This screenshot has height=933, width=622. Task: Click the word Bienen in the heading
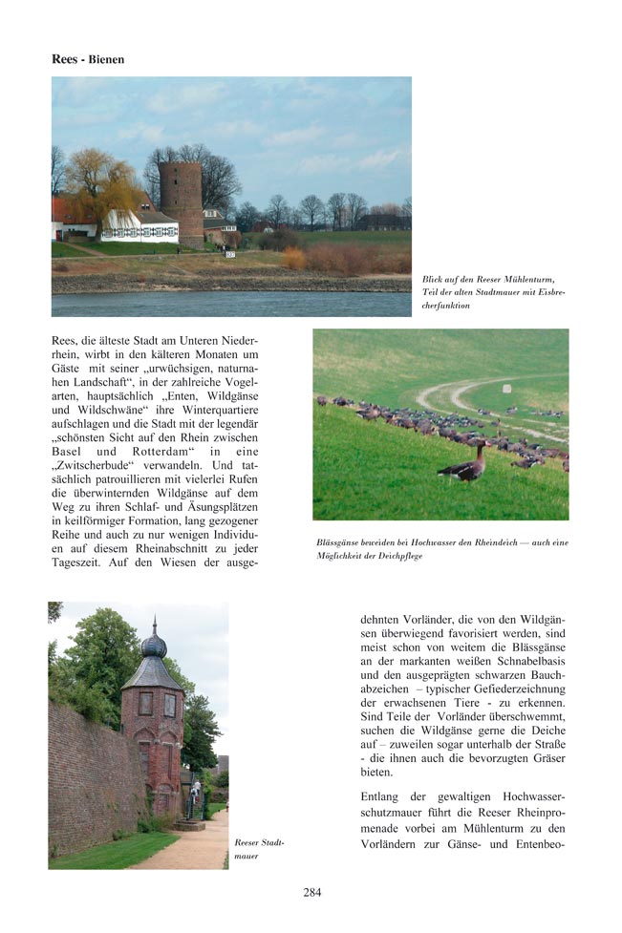(107, 59)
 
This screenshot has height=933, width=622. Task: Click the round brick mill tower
(180, 201)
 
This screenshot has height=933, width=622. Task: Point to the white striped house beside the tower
(139, 226)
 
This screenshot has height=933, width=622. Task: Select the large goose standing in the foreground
(462, 467)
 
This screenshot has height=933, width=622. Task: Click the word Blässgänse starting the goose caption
(340, 542)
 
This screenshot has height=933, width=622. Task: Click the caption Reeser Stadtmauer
(259, 849)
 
